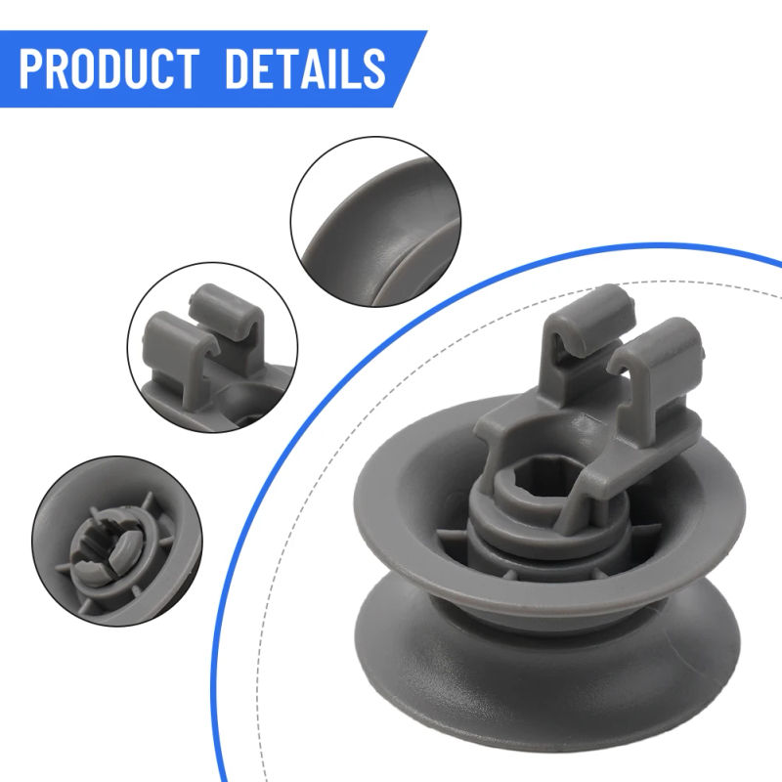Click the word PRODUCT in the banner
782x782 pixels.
[115, 68]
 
